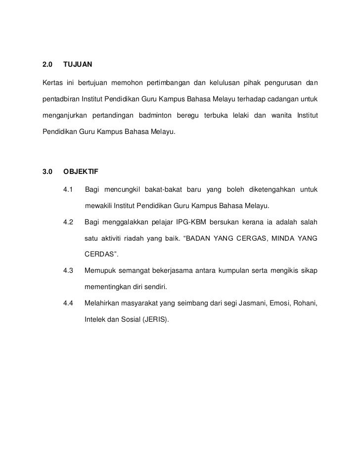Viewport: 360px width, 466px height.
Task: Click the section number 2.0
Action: tap(47, 65)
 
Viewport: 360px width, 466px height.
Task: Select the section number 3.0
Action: tap(47, 172)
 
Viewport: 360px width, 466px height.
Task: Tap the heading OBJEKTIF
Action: tap(81, 172)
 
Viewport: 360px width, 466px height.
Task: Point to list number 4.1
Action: tap(68, 190)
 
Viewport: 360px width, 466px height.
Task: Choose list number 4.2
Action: tap(68, 222)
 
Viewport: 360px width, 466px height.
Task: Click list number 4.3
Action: tap(68, 271)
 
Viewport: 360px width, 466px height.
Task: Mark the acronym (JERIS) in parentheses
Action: tap(155, 319)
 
